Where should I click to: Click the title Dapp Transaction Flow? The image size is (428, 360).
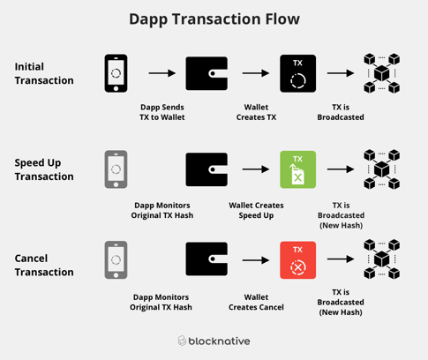click(214, 19)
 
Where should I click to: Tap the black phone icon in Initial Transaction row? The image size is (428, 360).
click(116, 73)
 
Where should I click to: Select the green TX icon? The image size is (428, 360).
click(297, 169)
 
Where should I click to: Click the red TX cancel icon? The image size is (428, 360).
click(297, 260)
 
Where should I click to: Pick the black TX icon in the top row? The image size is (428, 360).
click(297, 73)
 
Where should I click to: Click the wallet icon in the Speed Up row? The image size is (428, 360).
click(206, 169)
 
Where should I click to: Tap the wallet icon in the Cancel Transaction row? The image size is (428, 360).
click(206, 260)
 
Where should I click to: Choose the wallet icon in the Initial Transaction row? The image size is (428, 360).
click(206, 73)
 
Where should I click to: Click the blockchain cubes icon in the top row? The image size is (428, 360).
click(381, 73)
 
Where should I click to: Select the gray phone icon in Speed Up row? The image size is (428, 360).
click(116, 169)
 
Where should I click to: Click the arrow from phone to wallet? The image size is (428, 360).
click(161, 74)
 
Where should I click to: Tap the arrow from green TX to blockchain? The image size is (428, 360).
click(340, 169)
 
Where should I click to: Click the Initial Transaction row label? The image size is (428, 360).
click(44, 73)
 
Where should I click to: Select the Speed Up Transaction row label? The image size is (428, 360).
click(44, 169)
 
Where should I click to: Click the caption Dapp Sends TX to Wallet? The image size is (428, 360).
click(161, 112)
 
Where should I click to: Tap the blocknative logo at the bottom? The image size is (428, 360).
click(214, 341)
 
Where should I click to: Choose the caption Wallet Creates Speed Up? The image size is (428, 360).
click(256, 210)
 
